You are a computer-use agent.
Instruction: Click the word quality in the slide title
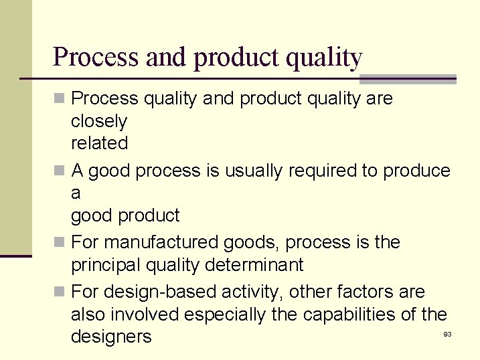tap(323, 58)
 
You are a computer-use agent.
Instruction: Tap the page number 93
tap(447, 334)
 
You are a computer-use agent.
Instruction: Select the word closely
tap(98, 121)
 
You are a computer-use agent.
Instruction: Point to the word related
tap(99, 143)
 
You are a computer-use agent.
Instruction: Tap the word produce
tap(416, 171)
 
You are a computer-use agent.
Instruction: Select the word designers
tap(111, 337)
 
